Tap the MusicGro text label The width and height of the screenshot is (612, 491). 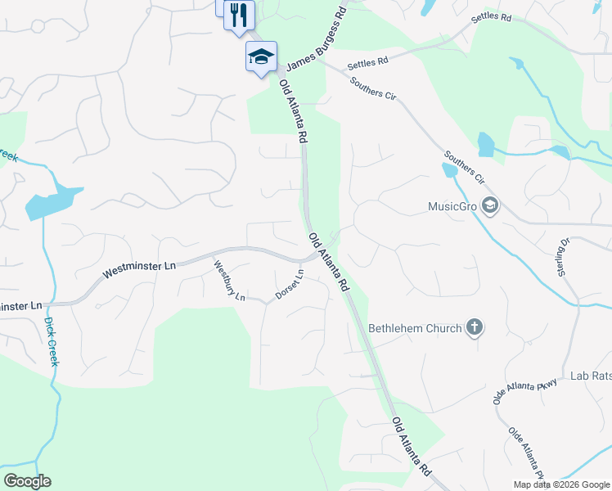point(452,206)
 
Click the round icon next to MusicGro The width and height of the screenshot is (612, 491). point(490,205)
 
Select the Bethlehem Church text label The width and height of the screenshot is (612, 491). point(415,329)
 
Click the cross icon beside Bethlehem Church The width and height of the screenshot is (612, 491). point(474,328)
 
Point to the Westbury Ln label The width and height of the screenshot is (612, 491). point(229,280)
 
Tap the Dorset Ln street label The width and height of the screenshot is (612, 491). point(290,284)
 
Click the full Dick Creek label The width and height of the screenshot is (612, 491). point(50,341)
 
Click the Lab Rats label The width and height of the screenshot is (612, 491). point(591,376)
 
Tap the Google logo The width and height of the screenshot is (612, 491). point(27,481)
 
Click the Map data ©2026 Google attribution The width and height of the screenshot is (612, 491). point(562,484)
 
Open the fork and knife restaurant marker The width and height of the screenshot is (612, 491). point(239,14)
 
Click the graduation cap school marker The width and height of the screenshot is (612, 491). point(261,56)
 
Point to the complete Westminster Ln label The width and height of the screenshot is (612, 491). point(139,267)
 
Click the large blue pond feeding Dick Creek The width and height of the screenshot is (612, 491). point(53,201)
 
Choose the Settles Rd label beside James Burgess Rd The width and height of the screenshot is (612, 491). point(367,61)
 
